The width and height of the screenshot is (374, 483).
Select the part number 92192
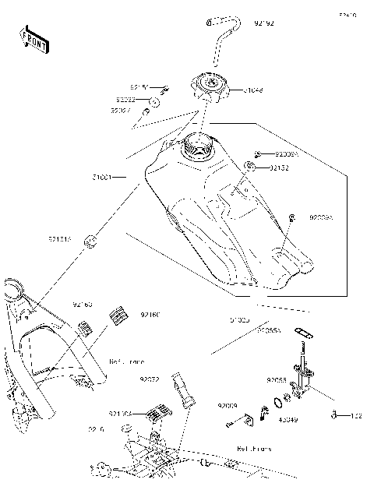264,24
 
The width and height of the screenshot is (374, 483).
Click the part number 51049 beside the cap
252,90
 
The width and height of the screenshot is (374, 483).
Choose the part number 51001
102,178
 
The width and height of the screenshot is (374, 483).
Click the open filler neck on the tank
196,145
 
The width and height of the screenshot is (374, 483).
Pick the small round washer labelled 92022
154,101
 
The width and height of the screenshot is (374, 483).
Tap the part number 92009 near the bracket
227,406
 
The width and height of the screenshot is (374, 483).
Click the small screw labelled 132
355,415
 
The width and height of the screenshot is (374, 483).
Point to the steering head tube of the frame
13,292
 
